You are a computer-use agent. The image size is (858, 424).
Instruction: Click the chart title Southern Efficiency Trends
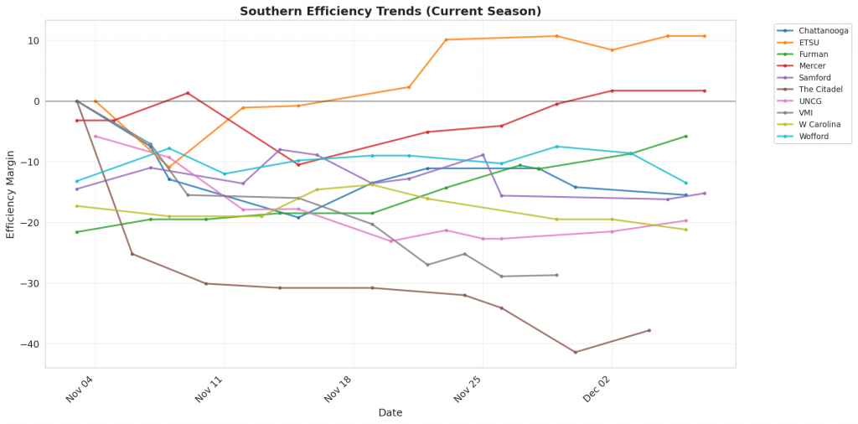point(390,11)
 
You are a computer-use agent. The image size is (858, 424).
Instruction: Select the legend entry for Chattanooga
point(824,31)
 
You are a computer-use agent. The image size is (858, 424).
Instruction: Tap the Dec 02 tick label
point(599,387)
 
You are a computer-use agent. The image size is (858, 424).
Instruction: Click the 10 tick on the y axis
point(34,40)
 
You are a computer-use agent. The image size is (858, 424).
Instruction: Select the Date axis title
point(390,412)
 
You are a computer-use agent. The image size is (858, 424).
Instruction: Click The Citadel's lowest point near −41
point(575,352)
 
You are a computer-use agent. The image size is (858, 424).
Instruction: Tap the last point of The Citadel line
point(649,330)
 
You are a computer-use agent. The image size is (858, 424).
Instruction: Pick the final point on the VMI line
point(556,275)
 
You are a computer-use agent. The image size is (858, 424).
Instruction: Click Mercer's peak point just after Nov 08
point(188,93)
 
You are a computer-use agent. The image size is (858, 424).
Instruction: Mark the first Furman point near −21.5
point(77,232)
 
